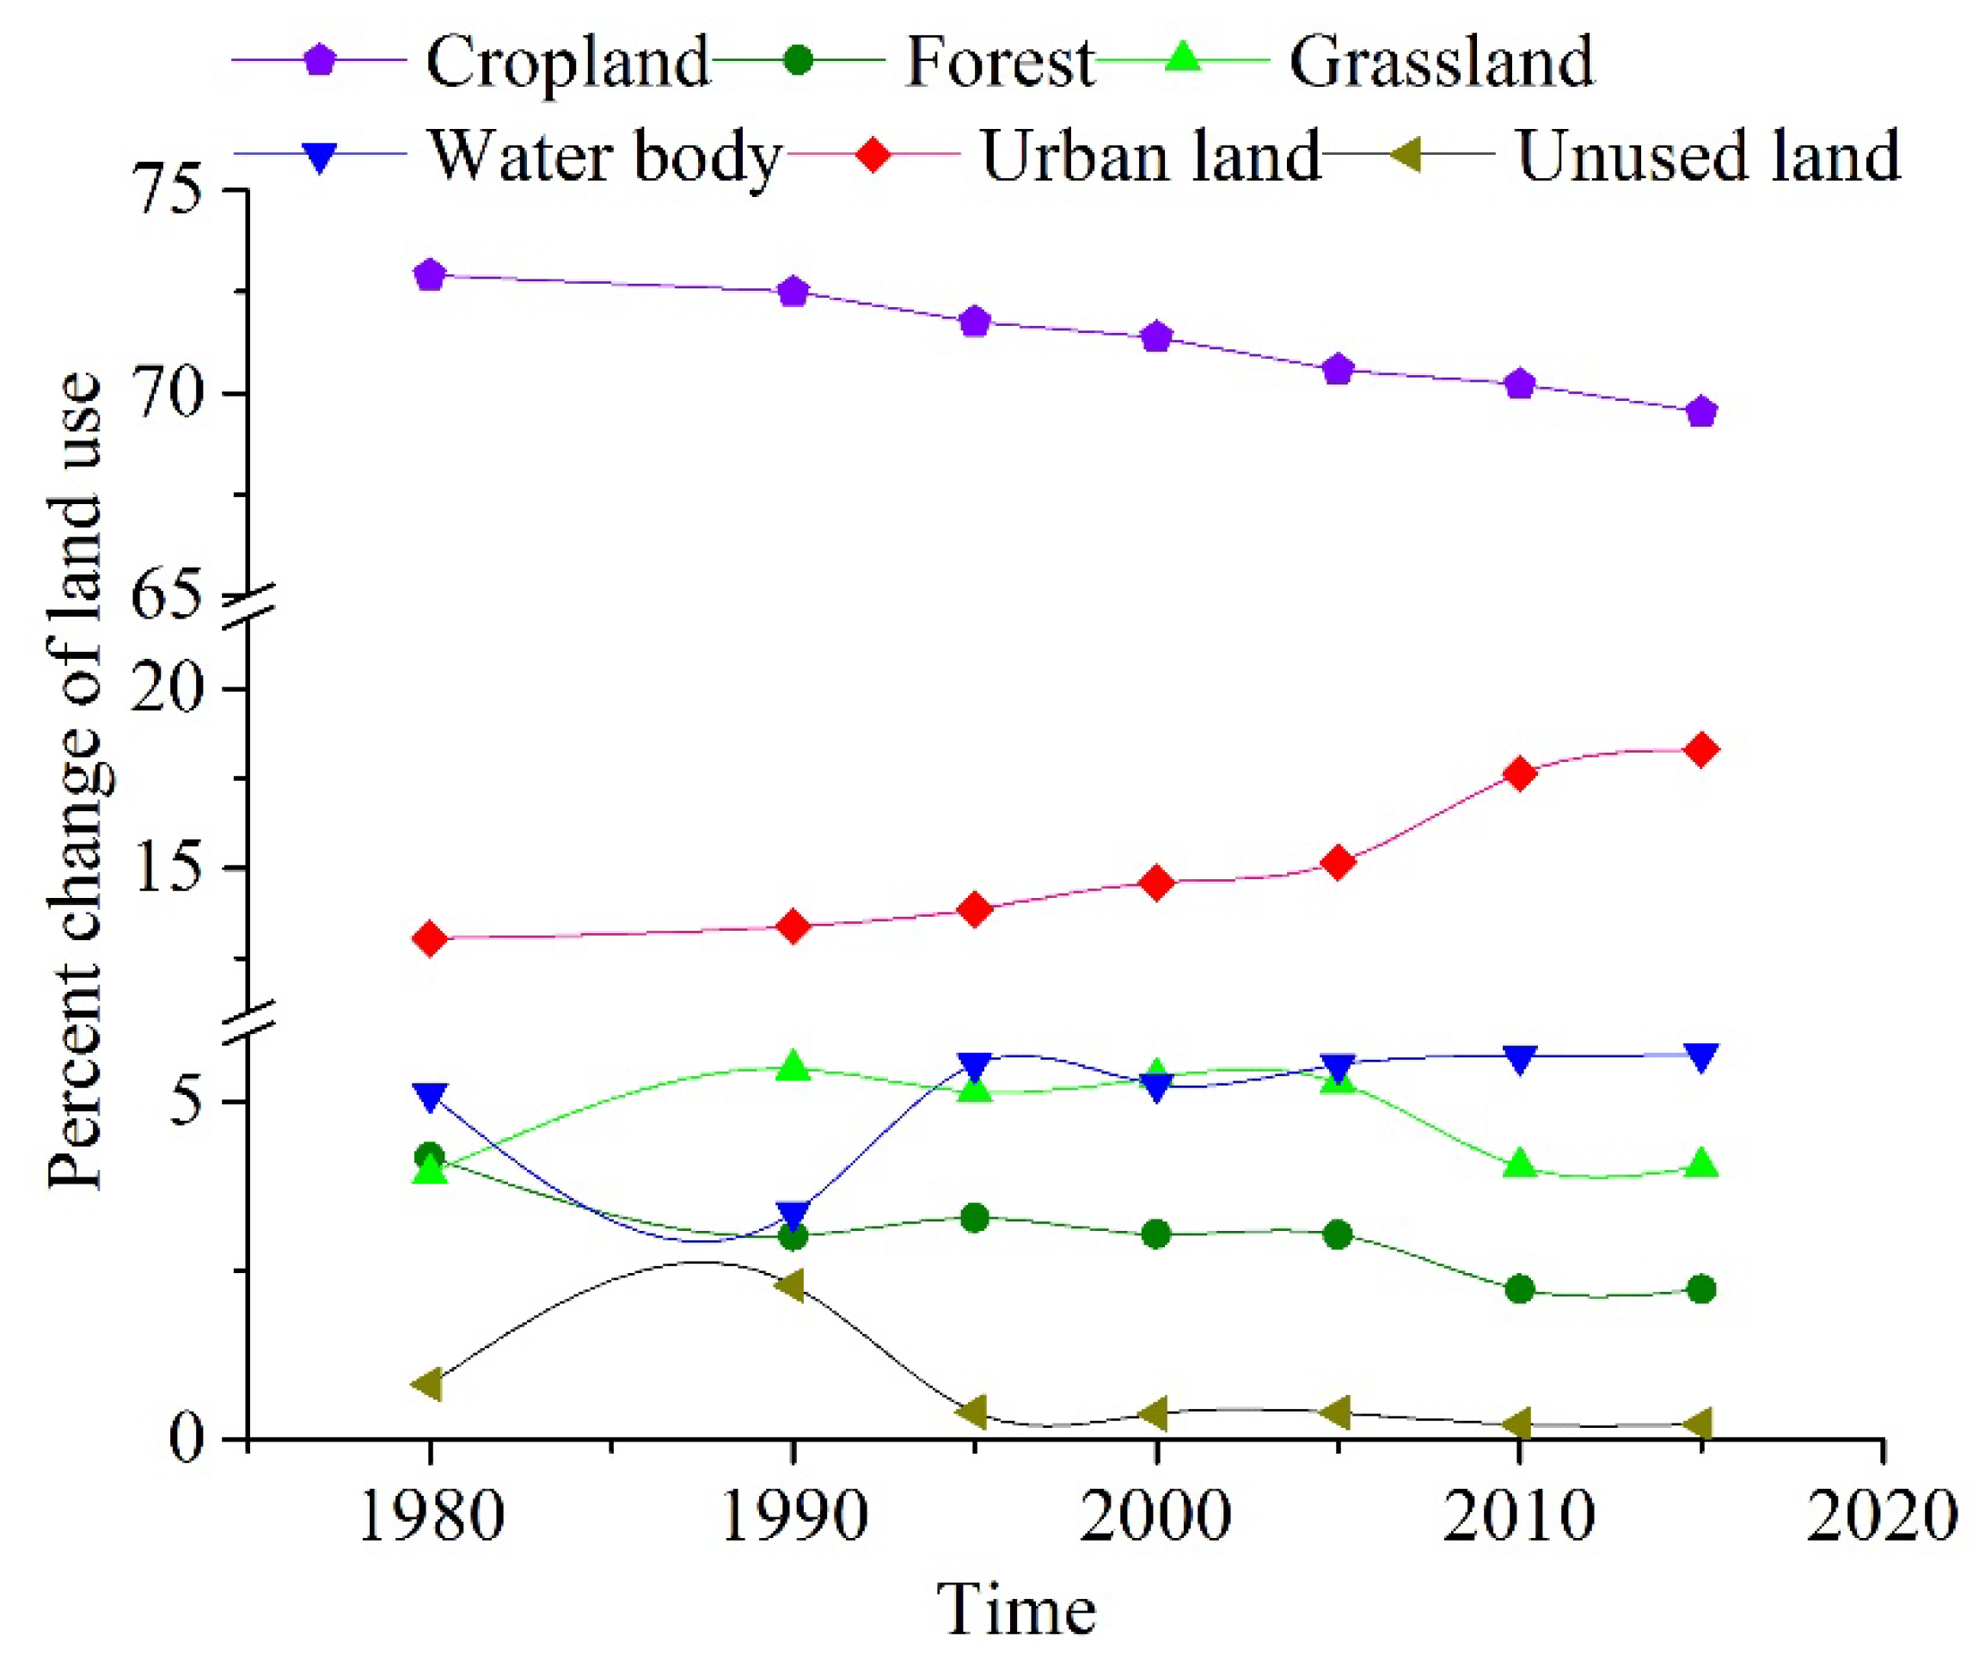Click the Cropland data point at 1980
click(x=430, y=275)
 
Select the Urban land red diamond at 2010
click(x=1519, y=774)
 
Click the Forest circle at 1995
click(x=975, y=1218)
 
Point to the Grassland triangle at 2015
click(x=1700, y=1163)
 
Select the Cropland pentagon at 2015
click(x=1700, y=412)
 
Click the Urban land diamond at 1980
click(x=430, y=939)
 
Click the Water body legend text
click(x=606, y=155)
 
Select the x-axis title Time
click(x=1016, y=1612)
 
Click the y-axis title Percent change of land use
click(x=76, y=780)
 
